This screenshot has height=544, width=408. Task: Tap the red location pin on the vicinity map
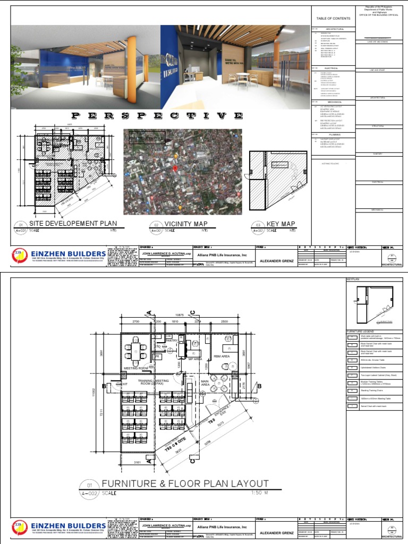pyautogui.click(x=173, y=168)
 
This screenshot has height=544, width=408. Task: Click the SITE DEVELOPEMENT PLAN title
pyautogui.click(x=73, y=224)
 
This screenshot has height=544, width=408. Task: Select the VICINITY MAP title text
pyautogui.click(x=186, y=224)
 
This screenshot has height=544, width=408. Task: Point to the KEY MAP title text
pyautogui.click(x=282, y=224)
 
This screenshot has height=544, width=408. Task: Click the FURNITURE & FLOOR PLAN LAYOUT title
pyautogui.click(x=185, y=484)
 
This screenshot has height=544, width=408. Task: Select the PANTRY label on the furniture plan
pyautogui.click(x=171, y=341)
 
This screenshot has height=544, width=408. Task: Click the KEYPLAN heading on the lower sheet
pyautogui.click(x=354, y=278)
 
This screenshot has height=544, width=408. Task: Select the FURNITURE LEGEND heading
pyautogui.click(x=361, y=331)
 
